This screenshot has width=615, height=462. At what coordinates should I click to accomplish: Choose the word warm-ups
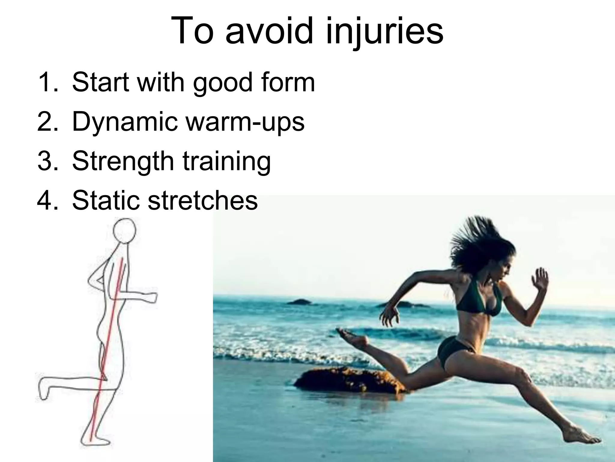[x=245, y=122]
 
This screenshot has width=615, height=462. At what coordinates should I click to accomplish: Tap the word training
[x=227, y=162]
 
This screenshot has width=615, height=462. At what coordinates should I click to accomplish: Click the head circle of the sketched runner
[x=124, y=230]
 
